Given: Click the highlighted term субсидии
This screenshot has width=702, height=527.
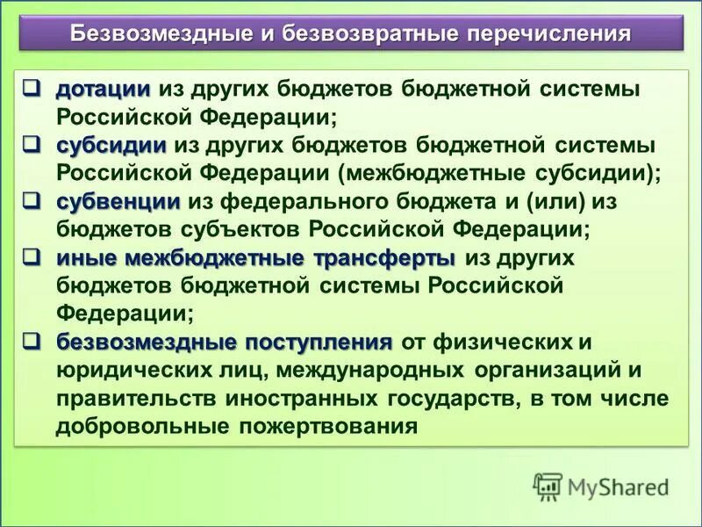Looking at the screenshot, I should click(111, 145).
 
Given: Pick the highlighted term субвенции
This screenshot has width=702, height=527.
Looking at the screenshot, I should click(118, 201).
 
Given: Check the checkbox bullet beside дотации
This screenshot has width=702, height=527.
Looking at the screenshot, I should click(32, 88).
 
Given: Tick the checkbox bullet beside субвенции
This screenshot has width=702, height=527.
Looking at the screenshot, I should click(32, 201).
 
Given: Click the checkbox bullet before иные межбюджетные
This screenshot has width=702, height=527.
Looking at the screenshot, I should click(32, 257).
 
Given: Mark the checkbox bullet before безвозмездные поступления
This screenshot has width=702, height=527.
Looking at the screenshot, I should click(32, 341).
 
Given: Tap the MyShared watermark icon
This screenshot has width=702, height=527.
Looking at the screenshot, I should click(548, 485).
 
